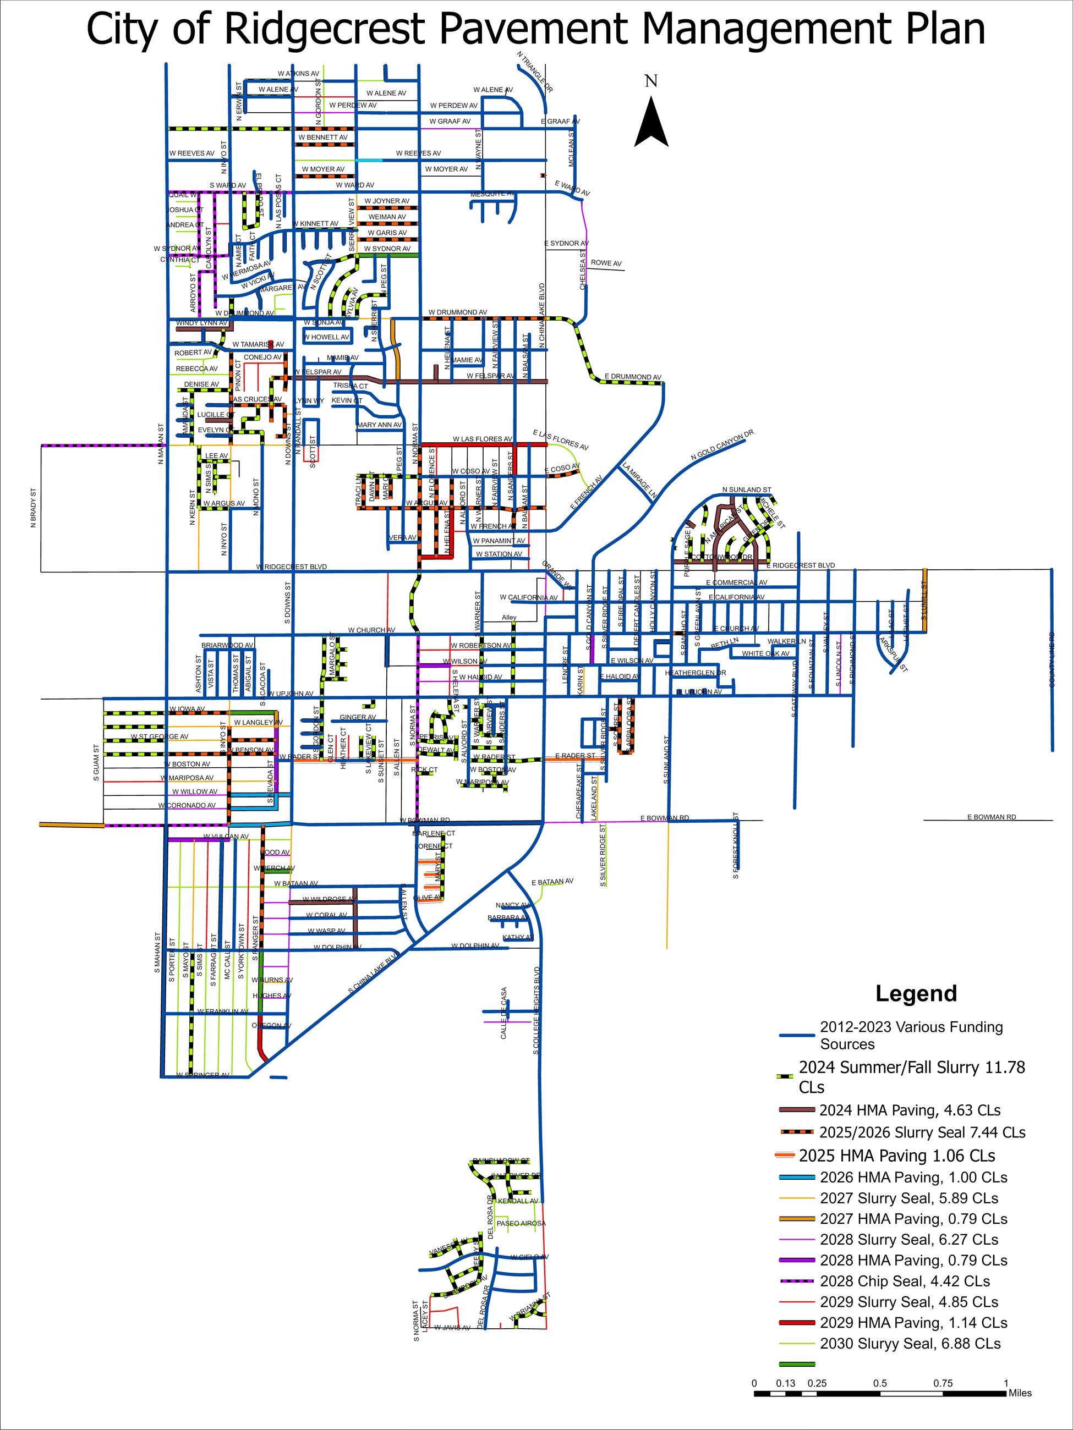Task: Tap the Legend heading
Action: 916,993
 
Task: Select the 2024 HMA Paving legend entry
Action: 910,1110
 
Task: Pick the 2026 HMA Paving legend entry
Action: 913,1177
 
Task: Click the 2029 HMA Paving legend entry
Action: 913,1323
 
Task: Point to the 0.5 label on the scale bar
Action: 880,1383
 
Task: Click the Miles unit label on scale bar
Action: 1020,1393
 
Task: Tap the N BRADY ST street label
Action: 34,508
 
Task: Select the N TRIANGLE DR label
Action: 535,71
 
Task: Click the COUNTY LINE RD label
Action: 1052,659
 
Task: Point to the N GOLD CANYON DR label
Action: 722,446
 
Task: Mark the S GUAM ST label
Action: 96,762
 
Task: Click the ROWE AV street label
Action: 606,263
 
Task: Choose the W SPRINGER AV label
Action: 203,1075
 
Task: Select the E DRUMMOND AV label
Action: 633,377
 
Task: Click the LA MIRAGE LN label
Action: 638,480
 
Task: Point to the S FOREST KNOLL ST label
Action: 735,845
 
